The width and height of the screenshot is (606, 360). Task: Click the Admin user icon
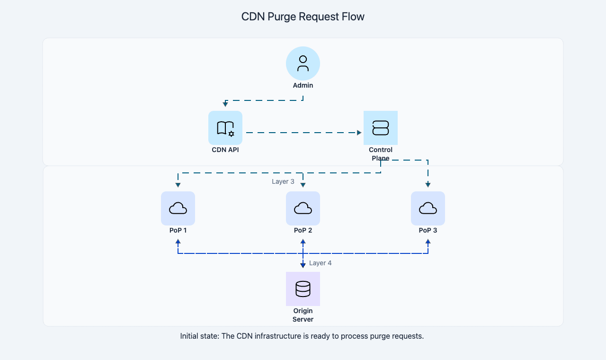[303, 63]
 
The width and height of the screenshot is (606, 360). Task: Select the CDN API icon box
[225, 128]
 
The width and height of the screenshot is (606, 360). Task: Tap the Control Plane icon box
[381, 128]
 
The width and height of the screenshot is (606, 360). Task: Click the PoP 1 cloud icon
[178, 208]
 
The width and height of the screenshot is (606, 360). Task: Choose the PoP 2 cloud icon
[303, 208]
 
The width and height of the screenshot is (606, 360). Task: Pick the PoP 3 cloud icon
[428, 208]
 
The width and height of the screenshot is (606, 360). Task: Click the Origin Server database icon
[303, 289]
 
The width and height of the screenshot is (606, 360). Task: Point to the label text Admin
[303, 86]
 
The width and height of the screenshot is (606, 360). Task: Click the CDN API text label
[225, 150]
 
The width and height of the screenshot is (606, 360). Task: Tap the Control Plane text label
[381, 154]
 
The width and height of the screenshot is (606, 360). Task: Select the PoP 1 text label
[178, 231]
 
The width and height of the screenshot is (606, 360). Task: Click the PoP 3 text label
[428, 231]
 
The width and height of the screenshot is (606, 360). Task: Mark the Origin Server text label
[303, 315]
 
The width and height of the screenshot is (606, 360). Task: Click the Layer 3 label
[283, 181]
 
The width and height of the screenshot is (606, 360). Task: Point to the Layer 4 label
[321, 263]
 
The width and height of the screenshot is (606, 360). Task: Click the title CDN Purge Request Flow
[303, 17]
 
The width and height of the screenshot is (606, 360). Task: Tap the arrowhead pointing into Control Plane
[359, 133]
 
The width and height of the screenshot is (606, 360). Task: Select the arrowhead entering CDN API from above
[225, 104]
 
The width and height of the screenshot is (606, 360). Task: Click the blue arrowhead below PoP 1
[178, 242]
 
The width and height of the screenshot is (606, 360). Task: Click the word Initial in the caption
[190, 336]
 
